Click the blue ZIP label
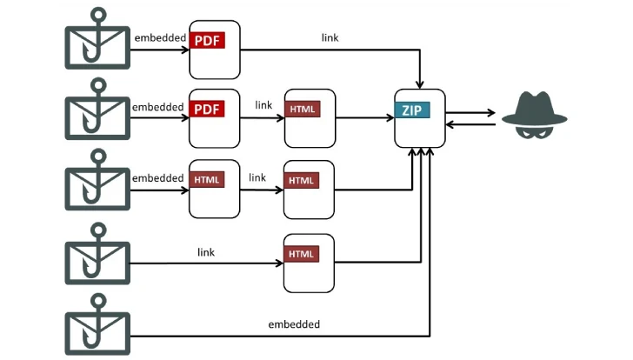pos(412,110)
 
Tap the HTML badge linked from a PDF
pos(303,110)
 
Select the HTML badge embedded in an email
pos(208,181)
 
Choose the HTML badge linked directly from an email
pos(303,254)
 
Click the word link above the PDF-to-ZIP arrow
pos(330,37)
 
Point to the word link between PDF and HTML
pos(263,105)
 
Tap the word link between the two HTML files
pos(257,177)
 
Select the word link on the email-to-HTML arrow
pos(206,252)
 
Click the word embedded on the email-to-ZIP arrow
pos(294,324)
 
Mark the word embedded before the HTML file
pos(158,178)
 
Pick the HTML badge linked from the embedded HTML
pos(303,181)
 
